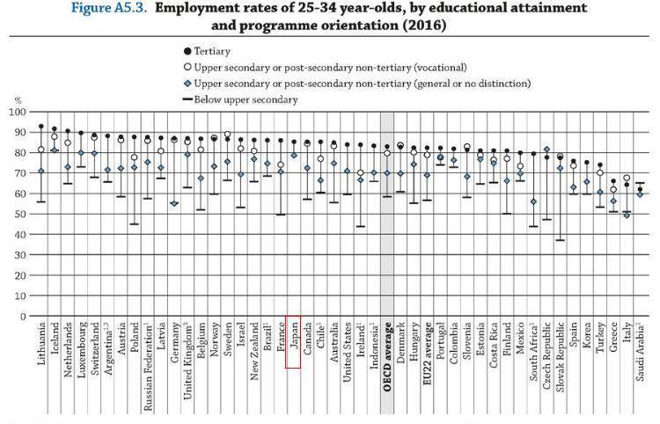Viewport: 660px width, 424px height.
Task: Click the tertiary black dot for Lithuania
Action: click(40, 127)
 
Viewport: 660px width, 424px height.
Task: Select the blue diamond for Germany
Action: click(174, 203)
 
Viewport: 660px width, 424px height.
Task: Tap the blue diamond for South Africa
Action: click(533, 201)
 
